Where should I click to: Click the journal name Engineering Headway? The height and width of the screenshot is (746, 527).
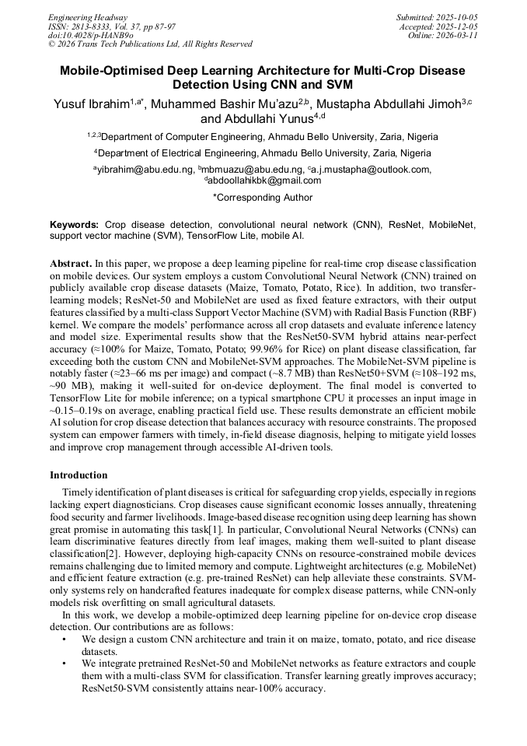coord(88,16)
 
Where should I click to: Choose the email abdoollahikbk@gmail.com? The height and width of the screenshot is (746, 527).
coord(264,180)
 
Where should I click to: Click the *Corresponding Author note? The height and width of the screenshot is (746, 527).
coord(263,198)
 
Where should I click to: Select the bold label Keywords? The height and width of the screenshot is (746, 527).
coord(75,224)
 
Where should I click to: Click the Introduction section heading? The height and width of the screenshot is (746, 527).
coord(79,475)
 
